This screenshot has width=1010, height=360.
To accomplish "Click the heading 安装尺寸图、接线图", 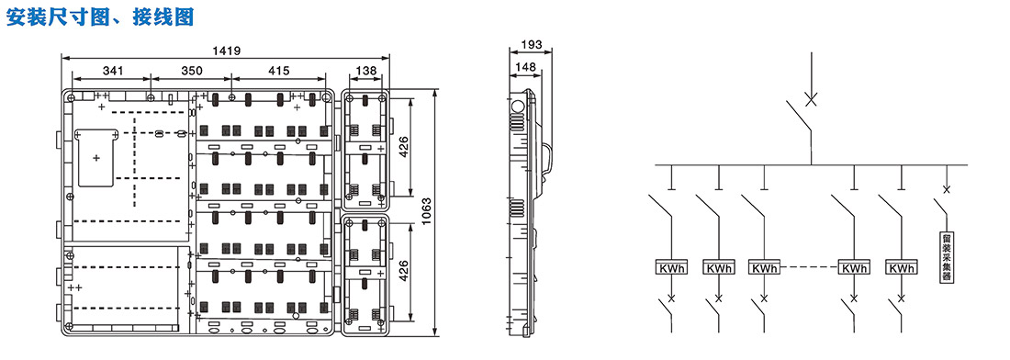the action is (x=100, y=17).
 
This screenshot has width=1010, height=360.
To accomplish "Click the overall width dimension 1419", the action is (x=226, y=51).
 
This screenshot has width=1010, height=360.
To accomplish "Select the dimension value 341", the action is (x=111, y=70).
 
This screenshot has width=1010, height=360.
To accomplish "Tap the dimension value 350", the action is (x=191, y=70).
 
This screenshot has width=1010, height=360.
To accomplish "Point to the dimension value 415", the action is (x=278, y=70).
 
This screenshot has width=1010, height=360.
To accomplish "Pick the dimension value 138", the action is (x=365, y=70).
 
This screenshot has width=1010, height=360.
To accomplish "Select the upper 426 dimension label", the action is (x=404, y=147).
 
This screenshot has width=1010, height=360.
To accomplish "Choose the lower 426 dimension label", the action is (x=404, y=270).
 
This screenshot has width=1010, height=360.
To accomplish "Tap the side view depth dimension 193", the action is (x=530, y=45).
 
